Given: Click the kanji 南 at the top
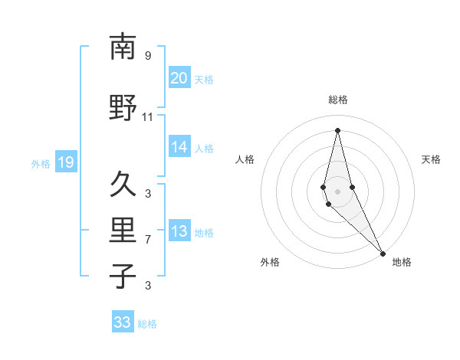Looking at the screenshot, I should (123, 47).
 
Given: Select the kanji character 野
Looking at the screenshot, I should (123, 108).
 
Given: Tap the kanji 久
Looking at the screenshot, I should (123, 185).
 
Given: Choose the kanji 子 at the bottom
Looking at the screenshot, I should (123, 276).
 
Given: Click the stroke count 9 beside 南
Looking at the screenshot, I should (148, 55).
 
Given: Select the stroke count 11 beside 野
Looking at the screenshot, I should (148, 117).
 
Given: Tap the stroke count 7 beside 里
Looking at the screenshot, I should (148, 240).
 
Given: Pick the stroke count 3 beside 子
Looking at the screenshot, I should (148, 286).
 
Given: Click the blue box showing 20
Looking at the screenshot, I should (179, 78).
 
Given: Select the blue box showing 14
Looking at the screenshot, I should (179, 147).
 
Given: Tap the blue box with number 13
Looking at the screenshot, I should (179, 232).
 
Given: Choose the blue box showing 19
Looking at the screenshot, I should (65, 162).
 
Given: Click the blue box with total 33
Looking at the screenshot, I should (123, 322).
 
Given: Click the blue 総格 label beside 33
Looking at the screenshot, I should (147, 324).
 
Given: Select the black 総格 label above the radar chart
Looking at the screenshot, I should (337, 100).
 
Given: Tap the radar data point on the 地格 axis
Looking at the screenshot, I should (383, 252).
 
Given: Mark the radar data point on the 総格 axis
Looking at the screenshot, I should (337, 130).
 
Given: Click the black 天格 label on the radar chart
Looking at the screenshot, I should (431, 159).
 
